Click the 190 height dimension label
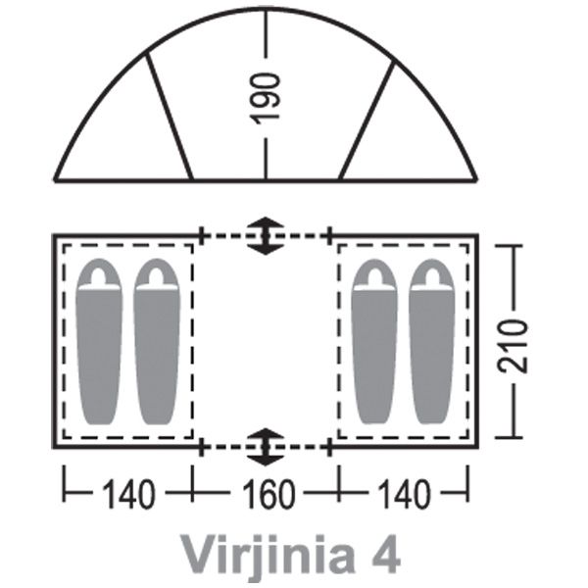(266, 98)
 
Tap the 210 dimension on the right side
(513, 345)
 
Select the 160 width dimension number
(269, 494)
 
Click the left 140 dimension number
(128, 494)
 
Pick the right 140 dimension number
(404, 494)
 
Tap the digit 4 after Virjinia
(386, 555)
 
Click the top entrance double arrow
(266, 236)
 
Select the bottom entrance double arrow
(266, 447)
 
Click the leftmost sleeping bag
(99, 341)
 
